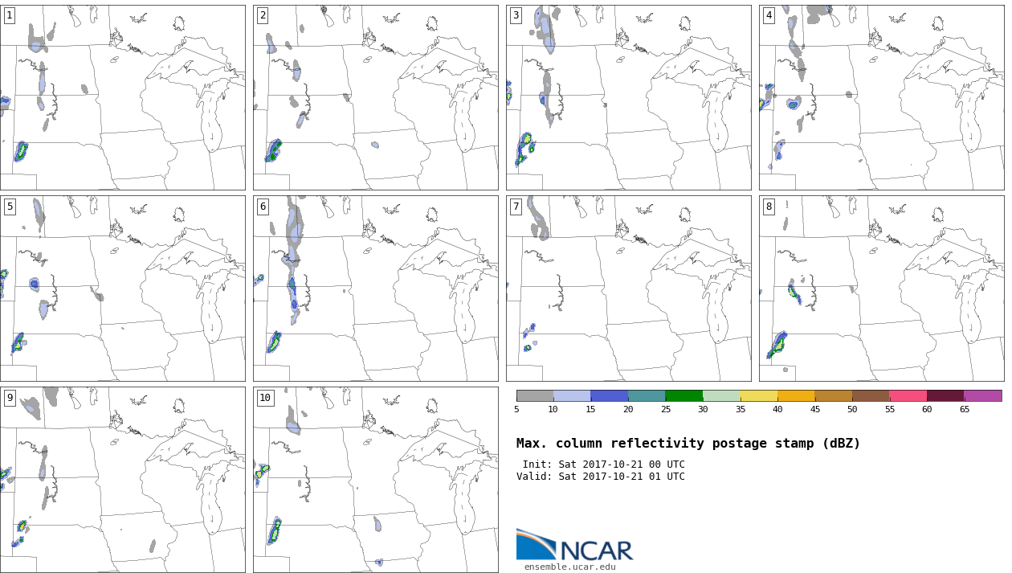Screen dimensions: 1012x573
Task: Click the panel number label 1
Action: (10, 16)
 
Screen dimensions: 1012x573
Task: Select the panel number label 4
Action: (769, 16)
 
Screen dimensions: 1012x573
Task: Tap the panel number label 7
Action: (516, 207)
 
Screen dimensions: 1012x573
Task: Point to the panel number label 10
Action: (265, 398)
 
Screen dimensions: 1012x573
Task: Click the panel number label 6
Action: (263, 207)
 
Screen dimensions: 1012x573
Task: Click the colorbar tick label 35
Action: (740, 409)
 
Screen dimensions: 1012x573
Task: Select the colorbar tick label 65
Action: (964, 409)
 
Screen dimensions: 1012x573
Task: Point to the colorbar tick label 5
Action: (516, 409)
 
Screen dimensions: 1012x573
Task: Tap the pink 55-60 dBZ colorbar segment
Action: (908, 396)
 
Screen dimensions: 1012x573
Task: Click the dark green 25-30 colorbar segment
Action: (684, 396)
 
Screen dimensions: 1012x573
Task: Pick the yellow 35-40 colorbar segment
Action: (758, 396)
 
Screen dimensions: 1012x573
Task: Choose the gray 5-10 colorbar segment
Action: (535, 396)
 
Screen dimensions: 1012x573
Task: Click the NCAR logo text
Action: (597, 550)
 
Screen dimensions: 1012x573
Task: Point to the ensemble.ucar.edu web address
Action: (570, 567)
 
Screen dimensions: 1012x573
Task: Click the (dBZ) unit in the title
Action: (842, 444)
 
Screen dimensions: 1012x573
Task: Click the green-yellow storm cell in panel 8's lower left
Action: (777, 346)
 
